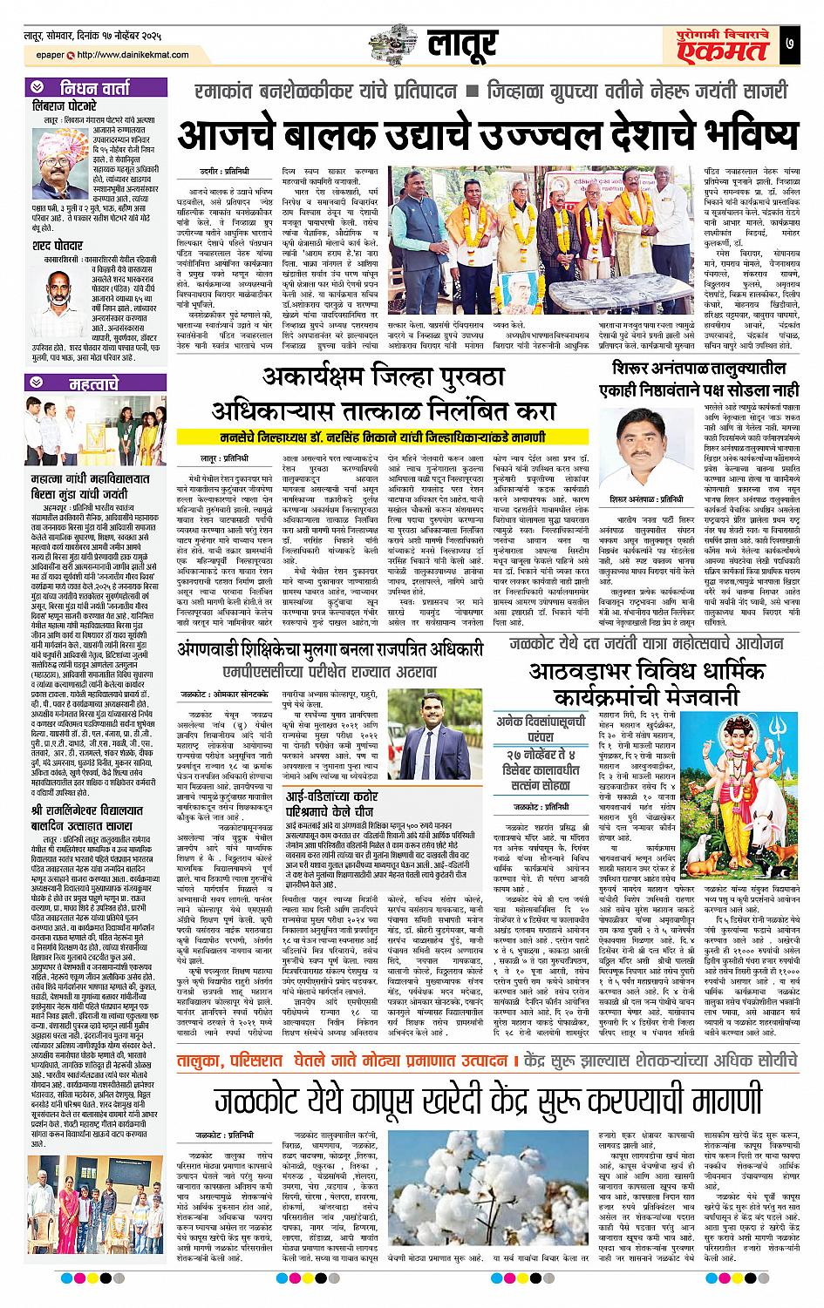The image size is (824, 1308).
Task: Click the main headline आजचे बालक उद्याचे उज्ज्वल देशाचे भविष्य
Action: (x=487, y=134)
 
